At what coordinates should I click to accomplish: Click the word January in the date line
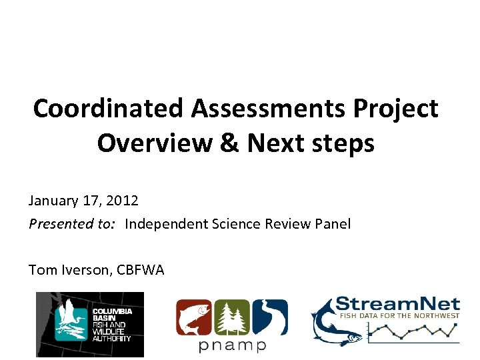click(x=50, y=200)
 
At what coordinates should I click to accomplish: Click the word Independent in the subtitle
click(x=167, y=223)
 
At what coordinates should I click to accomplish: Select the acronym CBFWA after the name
click(x=141, y=269)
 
